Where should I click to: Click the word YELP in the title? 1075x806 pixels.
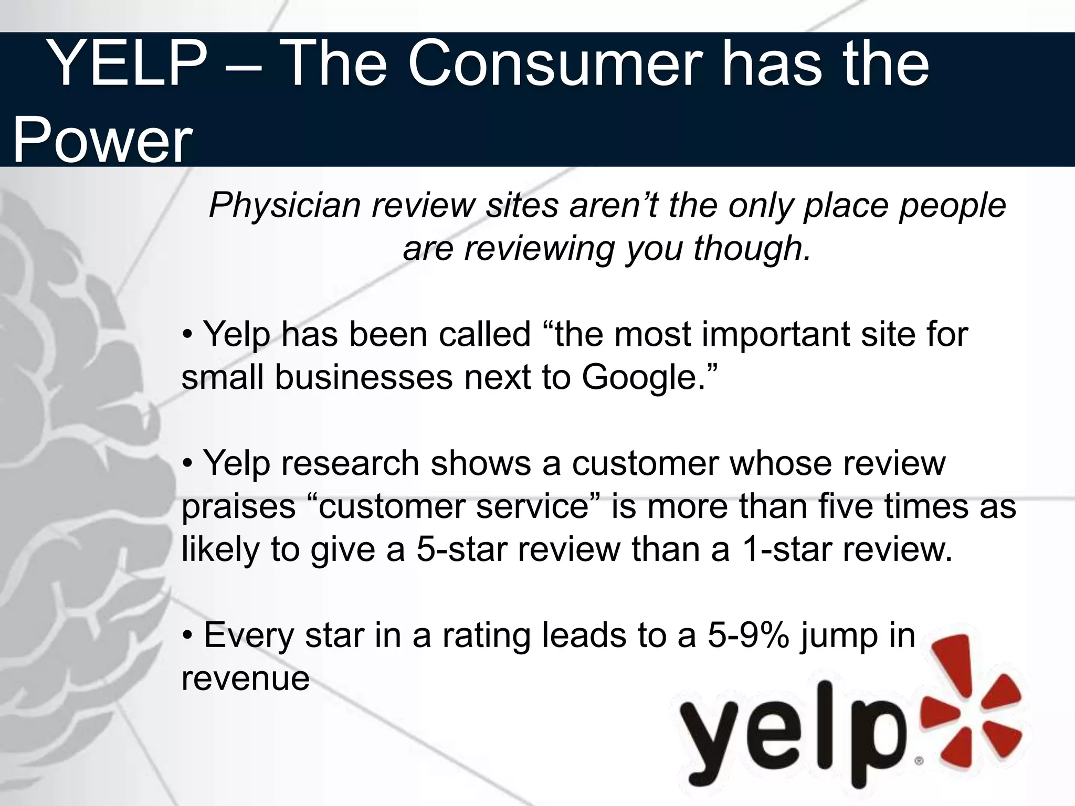pos(129,64)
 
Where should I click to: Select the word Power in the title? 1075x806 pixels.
pos(102,141)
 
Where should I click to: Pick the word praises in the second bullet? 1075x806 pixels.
pos(239,507)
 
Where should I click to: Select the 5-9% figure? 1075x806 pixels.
pos(748,635)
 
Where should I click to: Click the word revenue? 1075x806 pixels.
pos(245,678)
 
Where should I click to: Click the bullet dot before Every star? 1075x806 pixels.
pos(187,637)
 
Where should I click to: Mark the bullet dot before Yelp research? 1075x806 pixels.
pos(187,464)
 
